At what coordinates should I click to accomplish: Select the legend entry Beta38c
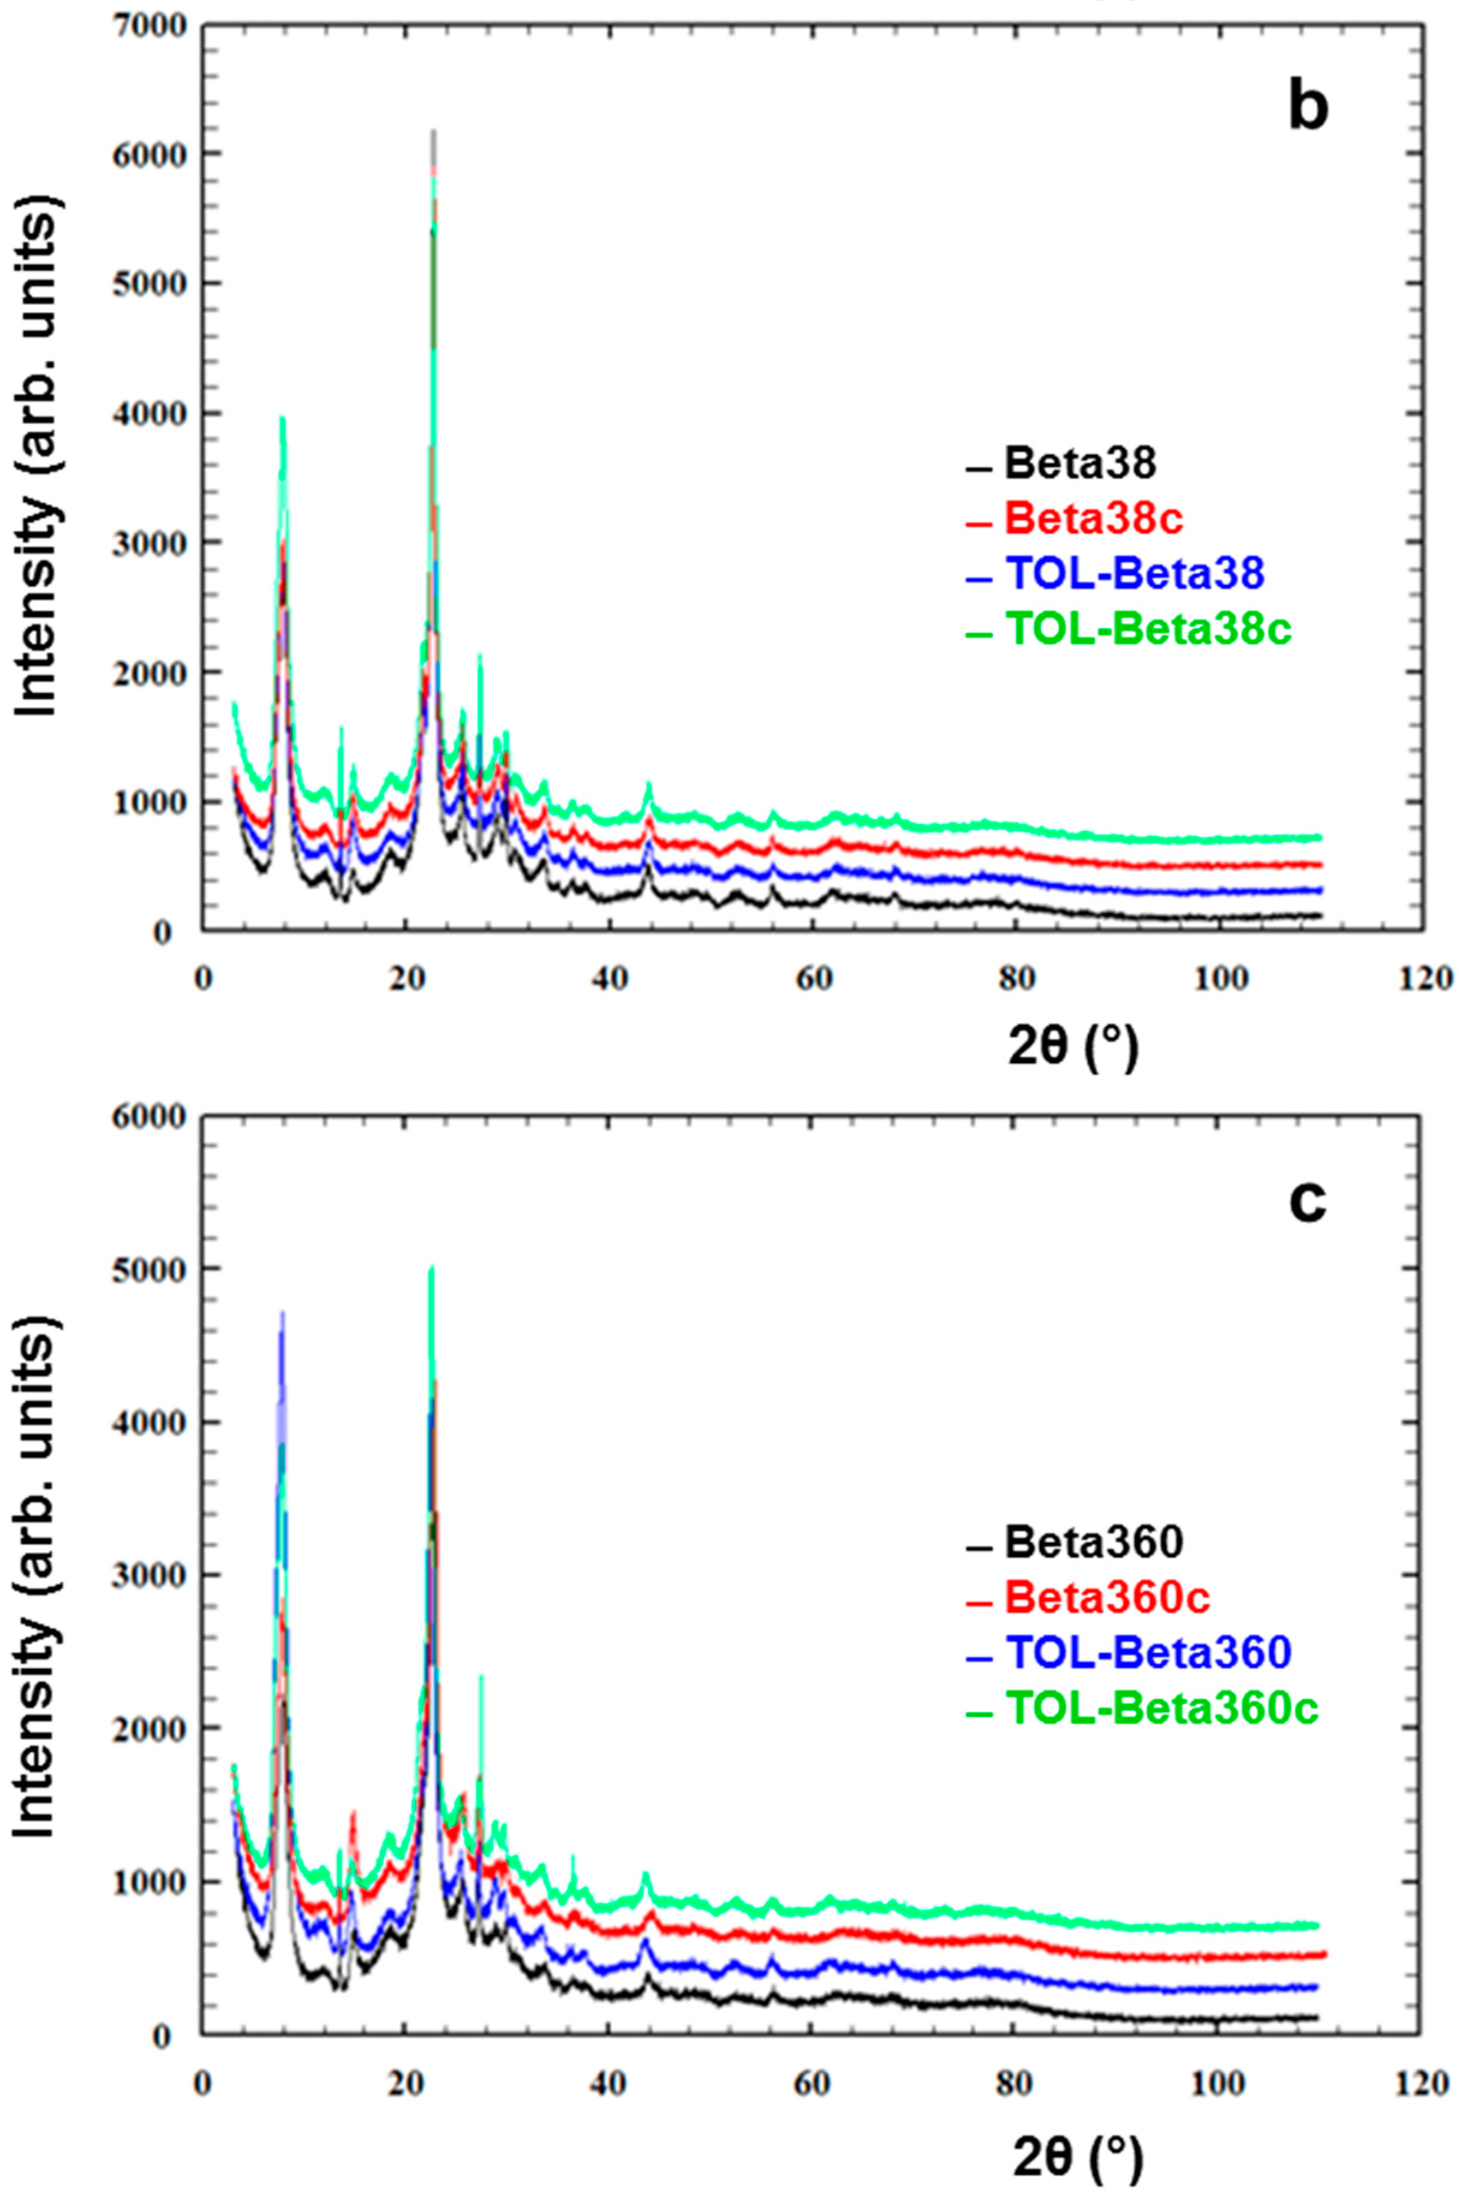pyautogui.click(x=1093, y=519)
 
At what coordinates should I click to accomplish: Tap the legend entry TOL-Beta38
pyautogui.click(x=1134, y=573)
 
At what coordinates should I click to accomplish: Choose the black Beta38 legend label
pyautogui.click(x=1079, y=463)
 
